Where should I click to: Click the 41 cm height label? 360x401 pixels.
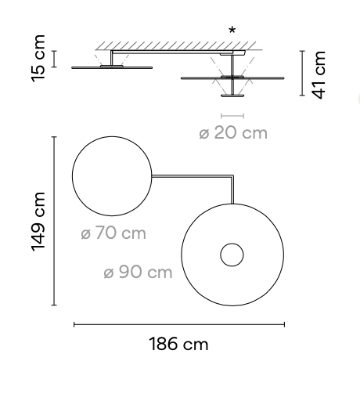click(319, 74)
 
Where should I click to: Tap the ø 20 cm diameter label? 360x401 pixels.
click(233, 133)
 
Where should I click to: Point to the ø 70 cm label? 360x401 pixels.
click(113, 233)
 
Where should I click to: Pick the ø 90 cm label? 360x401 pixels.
click(138, 273)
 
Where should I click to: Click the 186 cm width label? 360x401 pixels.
click(179, 345)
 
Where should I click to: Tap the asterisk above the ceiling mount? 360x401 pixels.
click(232, 31)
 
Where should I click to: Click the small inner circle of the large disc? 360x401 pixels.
click(231, 255)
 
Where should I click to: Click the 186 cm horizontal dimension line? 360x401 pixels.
click(179, 323)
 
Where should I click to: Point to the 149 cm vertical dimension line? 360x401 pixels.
click(54, 221)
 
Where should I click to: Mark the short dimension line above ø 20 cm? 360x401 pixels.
click(232, 116)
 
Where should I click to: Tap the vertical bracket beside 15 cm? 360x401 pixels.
click(55, 60)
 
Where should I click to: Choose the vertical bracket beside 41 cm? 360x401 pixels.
click(302, 74)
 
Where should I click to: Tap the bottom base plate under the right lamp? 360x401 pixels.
click(232, 97)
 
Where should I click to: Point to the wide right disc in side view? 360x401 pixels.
click(232, 78)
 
